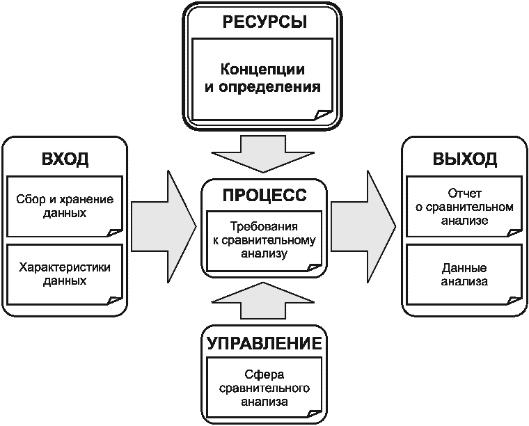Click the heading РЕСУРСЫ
coord(264,22)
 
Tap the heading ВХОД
coord(65,159)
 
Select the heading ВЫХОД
coord(464,159)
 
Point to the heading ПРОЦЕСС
coord(264,195)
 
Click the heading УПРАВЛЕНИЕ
coord(264,343)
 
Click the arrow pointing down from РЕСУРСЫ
coord(263,154)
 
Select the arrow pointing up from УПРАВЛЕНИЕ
coord(263,300)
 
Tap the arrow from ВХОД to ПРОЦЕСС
coord(164,227)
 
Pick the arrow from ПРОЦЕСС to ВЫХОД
coord(363,227)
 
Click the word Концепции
coord(262,70)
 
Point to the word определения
coord(269,87)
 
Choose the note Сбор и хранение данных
coord(65,206)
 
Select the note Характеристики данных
coord(65,274)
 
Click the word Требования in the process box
coord(264,226)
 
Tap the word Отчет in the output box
coord(464,194)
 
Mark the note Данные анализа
coord(464,274)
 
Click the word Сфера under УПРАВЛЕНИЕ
coord(264,374)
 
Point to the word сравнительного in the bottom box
coord(264,388)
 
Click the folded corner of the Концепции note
coord(323,115)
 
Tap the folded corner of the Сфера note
coord(315,414)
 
